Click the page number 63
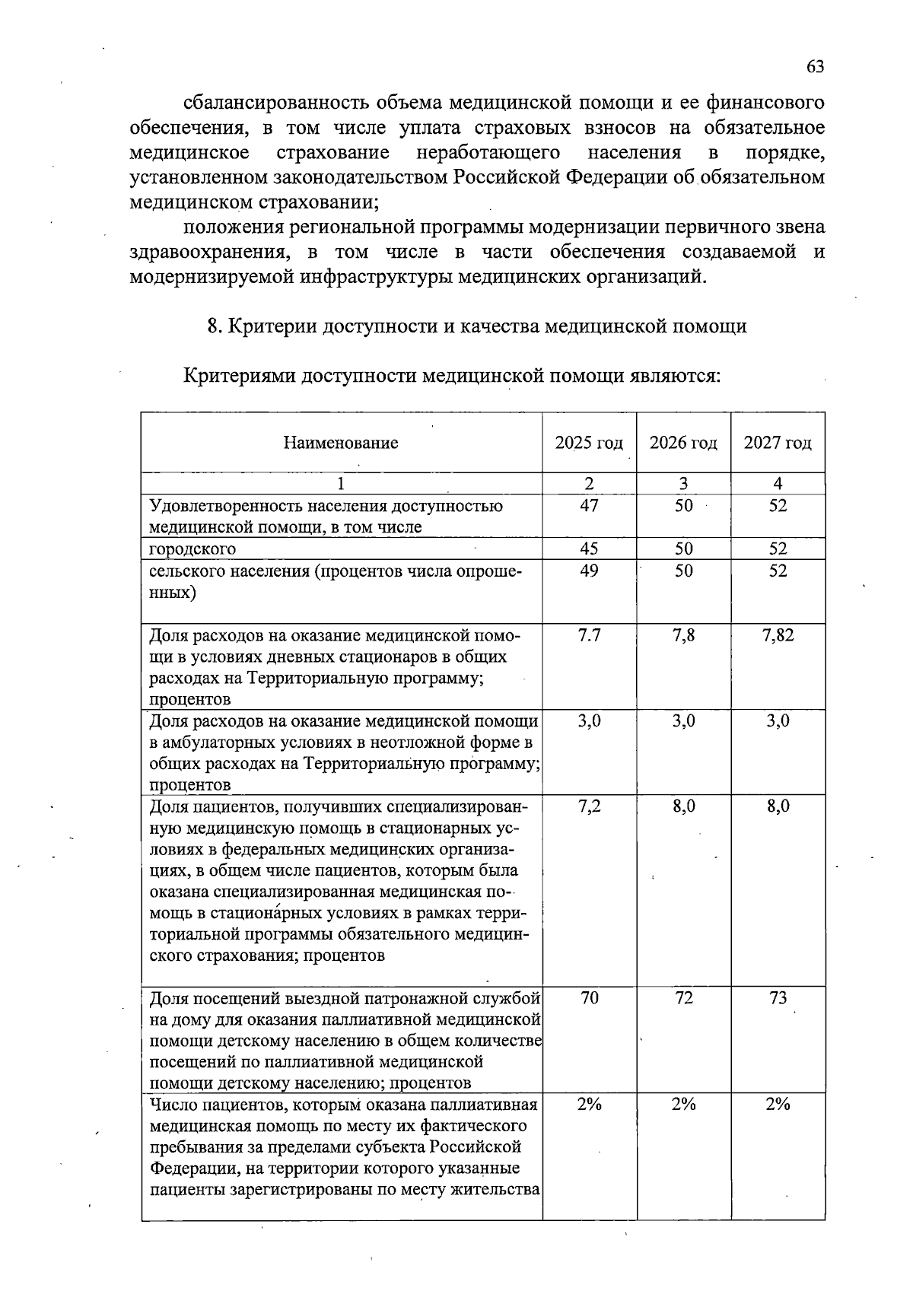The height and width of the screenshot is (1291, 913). click(x=815, y=67)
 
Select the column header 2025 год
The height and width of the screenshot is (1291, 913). click(x=589, y=443)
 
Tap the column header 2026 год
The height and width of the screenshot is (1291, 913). click(x=683, y=443)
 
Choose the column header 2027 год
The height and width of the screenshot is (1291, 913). click(x=778, y=443)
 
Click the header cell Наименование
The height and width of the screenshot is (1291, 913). click(x=341, y=443)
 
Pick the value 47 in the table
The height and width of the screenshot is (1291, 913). click(x=589, y=506)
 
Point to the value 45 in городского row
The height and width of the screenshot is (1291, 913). click(x=589, y=549)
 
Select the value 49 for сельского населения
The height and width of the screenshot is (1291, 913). click(x=589, y=571)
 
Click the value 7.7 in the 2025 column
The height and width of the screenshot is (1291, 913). click(x=589, y=635)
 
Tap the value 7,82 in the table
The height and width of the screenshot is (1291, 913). click(x=778, y=635)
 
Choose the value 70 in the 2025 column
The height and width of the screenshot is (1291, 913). click(x=589, y=998)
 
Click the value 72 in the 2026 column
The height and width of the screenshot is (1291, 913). click(x=683, y=998)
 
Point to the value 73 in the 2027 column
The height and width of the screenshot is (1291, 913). click(x=778, y=998)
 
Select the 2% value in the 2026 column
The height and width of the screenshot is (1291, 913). click(x=683, y=1105)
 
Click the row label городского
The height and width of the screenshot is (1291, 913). click(x=192, y=549)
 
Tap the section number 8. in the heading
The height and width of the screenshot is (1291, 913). click(x=215, y=326)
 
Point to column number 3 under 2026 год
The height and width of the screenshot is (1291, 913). click(x=683, y=483)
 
